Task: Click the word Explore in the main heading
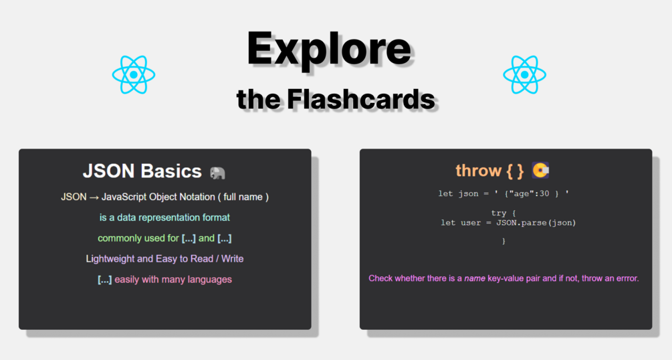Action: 329,50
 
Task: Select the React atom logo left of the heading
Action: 134,75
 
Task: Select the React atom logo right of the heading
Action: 525,75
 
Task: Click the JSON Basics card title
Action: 142,171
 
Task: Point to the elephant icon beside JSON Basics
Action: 217,173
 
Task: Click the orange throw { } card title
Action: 489,171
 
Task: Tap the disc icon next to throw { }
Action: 540,171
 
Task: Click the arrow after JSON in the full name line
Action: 94,197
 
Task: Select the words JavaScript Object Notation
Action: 158,197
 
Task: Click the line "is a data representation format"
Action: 164,217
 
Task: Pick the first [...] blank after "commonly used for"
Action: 189,238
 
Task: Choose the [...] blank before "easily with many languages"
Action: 104,279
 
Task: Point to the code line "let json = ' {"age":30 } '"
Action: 503,193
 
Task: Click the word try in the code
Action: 498,213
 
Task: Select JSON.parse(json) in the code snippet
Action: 536,223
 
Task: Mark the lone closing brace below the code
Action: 503,241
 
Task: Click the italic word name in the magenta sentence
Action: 475,278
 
